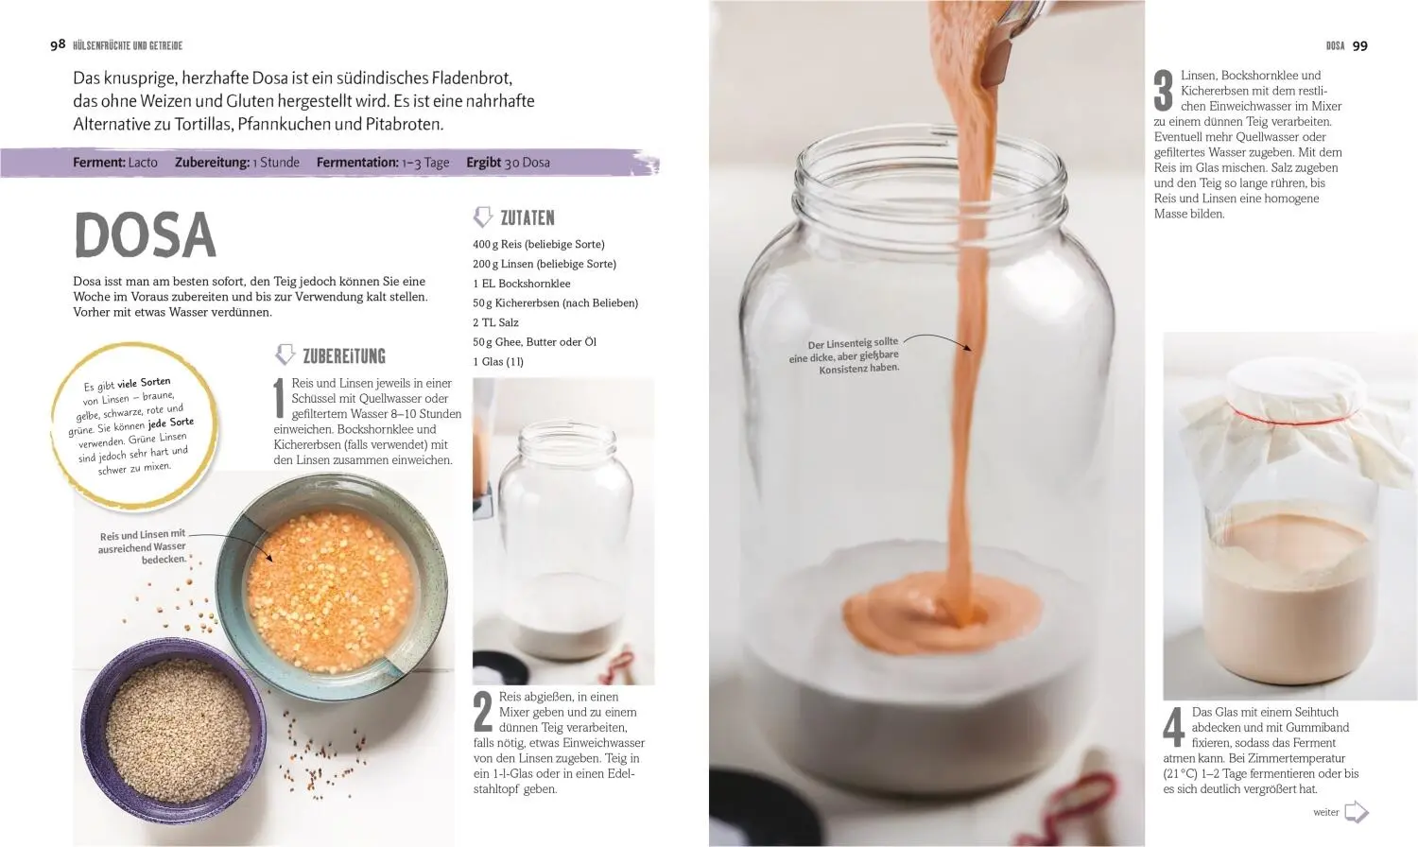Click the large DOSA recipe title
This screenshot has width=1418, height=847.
[145, 234]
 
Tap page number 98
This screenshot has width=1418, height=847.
[58, 44]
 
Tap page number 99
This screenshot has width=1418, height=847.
[1359, 45]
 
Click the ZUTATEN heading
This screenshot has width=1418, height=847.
[527, 217]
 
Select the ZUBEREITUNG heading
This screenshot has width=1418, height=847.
[344, 356]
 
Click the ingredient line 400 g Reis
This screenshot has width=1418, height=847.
[539, 244]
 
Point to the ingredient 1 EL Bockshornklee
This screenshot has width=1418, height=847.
[522, 284]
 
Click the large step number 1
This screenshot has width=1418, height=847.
[279, 398]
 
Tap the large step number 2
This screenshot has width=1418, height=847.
[483, 711]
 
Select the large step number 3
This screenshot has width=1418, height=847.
[1164, 91]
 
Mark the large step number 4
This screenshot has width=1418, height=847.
[1174, 727]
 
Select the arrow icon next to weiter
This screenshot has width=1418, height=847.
[1356, 812]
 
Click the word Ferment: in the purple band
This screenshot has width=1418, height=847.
[98, 163]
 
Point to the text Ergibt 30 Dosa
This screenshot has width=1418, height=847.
[508, 163]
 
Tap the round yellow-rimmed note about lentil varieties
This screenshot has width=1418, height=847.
[133, 426]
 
